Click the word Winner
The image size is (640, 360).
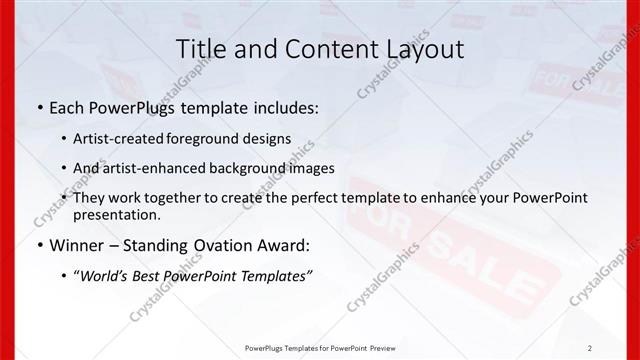pyautogui.click(x=75, y=245)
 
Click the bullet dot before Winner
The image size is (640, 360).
pyautogui.click(x=39, y=245)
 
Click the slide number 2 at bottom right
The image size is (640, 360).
pyautogui.click(x=589, y=348)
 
